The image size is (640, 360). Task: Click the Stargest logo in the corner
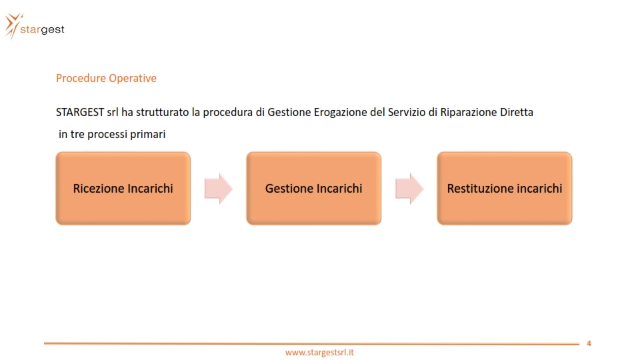[35, 27]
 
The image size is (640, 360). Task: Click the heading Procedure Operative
[106, 78]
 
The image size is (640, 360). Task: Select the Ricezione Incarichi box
[123, 188]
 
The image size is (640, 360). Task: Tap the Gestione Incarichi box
[314, 188]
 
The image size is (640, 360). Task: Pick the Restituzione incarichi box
[505, 188]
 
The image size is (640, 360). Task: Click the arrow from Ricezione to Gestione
[219, 189]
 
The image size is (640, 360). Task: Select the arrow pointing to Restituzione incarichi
[409, 189]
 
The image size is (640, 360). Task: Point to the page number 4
[589, 343]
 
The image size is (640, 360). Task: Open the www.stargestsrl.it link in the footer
[319, 352]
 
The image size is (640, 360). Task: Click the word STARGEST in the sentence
[80, 112]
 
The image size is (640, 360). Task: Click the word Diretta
[517, 112]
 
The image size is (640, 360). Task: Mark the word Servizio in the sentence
[407, 112]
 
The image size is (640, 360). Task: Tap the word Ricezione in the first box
[99, 189]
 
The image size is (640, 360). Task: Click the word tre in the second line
[77, 134]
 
